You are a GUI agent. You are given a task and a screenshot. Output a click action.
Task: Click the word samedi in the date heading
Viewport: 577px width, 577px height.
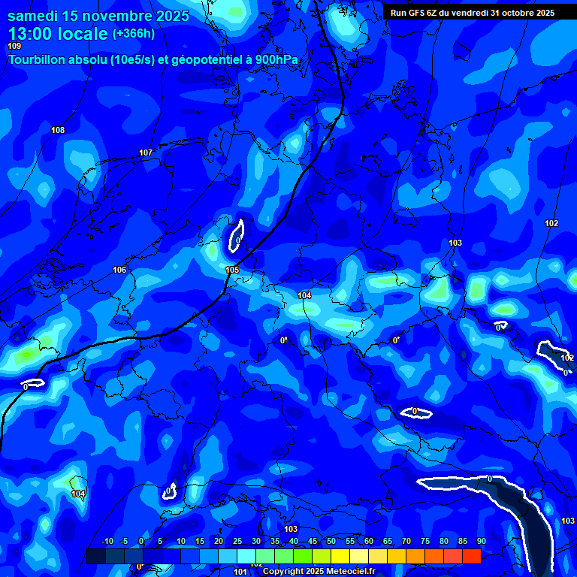(34, 15)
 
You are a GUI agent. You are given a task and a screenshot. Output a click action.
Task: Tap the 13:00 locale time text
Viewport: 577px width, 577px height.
(57, 33)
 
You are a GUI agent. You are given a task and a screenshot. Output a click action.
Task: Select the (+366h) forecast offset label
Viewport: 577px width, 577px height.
(133, 33)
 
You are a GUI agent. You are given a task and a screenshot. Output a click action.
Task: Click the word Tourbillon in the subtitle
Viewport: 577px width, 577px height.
(37, 60)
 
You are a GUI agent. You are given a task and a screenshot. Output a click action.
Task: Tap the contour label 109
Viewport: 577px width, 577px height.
(15, 47)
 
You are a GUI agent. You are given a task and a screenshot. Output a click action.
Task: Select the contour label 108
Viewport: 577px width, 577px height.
(58, 131)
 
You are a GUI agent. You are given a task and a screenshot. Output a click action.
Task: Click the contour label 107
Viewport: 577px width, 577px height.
(146, 153)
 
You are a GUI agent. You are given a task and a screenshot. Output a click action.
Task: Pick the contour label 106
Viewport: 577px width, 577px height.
(119, 270)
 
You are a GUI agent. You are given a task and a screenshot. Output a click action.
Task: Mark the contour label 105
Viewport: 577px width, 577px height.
(232, 270)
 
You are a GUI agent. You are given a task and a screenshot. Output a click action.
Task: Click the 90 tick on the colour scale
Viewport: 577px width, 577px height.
(481, 541)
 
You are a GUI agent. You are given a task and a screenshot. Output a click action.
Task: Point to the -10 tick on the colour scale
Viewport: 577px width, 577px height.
(107, 541)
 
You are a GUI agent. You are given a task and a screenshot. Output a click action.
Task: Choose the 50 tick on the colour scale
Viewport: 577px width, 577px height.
(331, 541)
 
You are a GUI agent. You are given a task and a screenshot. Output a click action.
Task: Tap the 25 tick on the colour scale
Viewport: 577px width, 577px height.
(237, 541)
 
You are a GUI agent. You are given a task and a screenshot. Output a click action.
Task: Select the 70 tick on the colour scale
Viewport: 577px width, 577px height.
(406, 541)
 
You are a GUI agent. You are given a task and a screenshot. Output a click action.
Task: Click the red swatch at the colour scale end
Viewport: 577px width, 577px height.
(471, 557)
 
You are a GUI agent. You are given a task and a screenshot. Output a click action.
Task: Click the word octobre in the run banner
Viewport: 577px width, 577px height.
(514, 12)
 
